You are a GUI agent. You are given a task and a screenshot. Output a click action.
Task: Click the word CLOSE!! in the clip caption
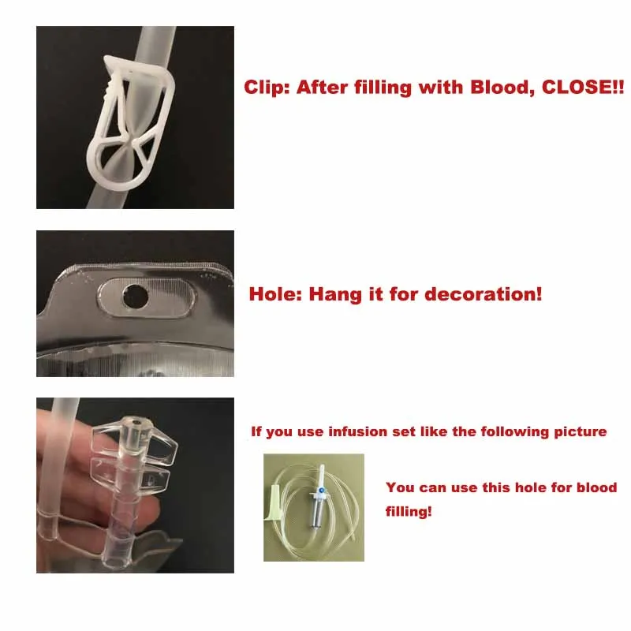tap(581, 88)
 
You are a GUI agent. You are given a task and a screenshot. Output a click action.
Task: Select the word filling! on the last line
tap(409, 511)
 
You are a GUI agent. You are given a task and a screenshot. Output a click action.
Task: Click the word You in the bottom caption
tap(399, 488)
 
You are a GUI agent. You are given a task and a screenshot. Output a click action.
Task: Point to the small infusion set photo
tap(314, 507)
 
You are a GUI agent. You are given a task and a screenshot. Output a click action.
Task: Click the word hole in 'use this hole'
tap(518, 488)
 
